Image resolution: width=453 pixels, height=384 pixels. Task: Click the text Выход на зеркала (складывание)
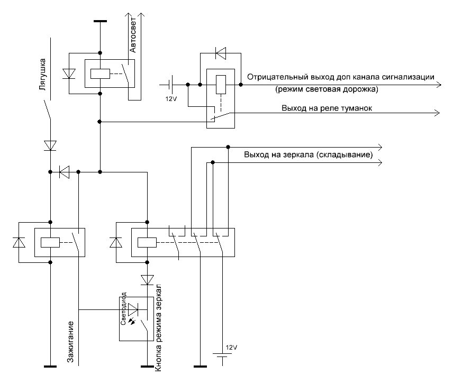click(308, 156)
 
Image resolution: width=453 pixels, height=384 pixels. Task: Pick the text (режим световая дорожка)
click(326, 89)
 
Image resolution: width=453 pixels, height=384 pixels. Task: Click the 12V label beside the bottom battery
click(231, 348)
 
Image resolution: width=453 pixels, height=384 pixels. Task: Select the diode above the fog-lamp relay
click(220, 53)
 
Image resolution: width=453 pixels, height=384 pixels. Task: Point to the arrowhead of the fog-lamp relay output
click(437, 112)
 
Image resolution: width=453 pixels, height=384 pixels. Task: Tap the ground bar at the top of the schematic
click(100, 21)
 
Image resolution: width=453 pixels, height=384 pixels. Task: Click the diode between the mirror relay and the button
click(147, 279)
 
